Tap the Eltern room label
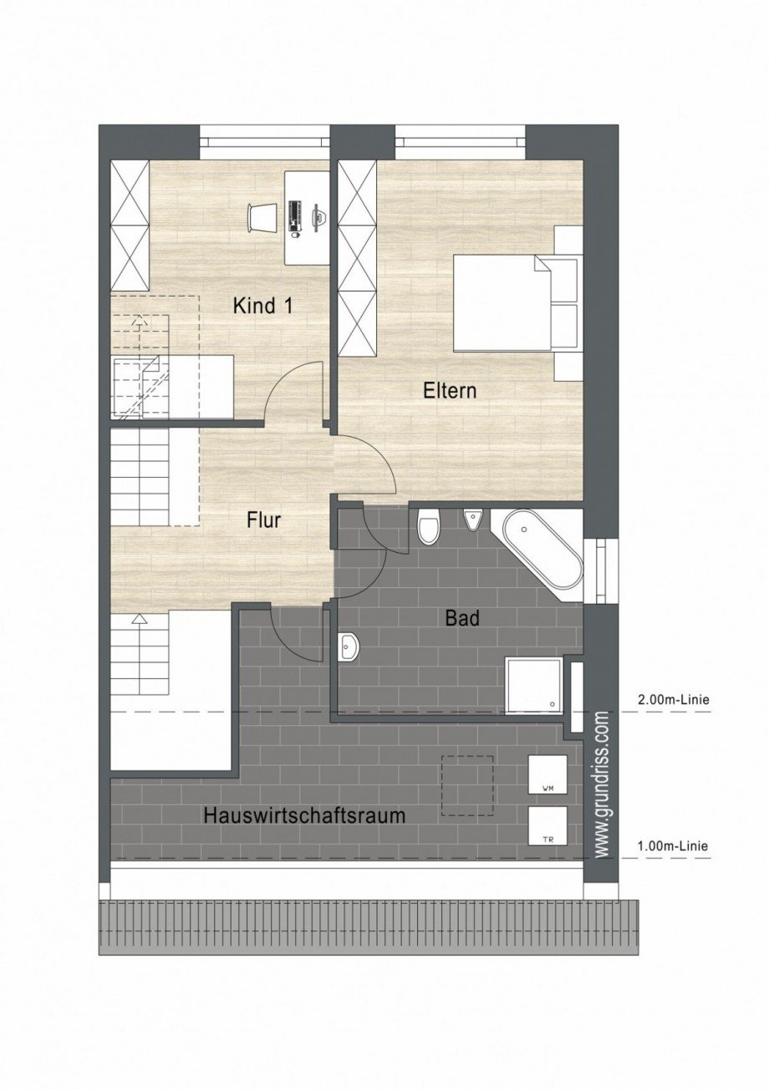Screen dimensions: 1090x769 (449, 390)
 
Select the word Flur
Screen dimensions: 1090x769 (263, 520)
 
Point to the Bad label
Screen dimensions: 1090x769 (462, 619)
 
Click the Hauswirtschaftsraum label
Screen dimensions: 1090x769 (304, 816)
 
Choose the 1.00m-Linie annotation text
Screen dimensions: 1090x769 (672, 846)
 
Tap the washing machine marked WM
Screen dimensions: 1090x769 (547, 775)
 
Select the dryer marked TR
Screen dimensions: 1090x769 (547, 826)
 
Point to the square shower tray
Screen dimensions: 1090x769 (533, 685)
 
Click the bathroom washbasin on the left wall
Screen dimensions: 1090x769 (349, 646)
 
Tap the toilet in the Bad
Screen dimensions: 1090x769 (428, 526)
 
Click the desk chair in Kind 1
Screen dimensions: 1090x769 (261, 217)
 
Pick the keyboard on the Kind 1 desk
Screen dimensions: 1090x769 (295, 216)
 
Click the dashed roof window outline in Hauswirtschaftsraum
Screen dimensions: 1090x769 (467, 785)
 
